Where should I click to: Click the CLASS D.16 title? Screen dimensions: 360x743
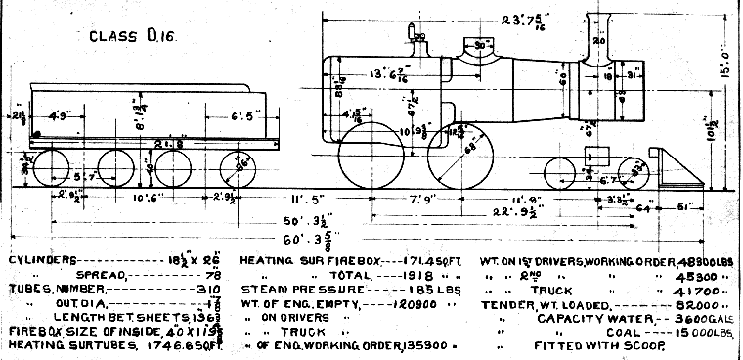point(120,37)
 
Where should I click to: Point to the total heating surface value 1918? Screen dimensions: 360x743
point(412,276)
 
